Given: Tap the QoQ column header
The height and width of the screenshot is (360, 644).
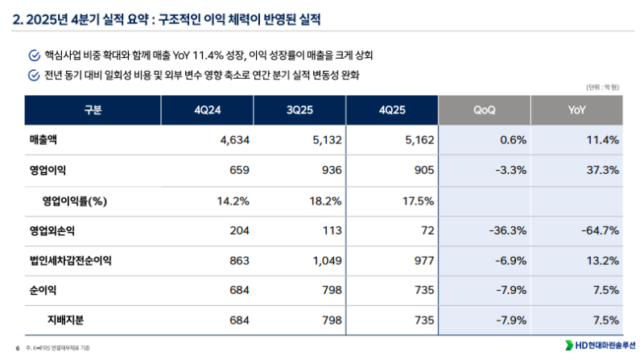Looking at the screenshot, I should tap(485, 110).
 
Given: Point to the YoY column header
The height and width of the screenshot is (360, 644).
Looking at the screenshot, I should tap(576, 110).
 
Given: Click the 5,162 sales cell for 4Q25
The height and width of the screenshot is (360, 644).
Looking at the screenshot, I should tap(419, 141).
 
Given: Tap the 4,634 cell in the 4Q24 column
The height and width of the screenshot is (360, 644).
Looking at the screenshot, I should tap(236, 141).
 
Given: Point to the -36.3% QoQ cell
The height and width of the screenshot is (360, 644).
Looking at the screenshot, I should tap(507, 230).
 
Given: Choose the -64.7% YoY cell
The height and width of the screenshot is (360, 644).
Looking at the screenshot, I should tap(600, 230).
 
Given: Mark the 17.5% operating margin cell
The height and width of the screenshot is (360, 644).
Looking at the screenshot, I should tap(419, 201).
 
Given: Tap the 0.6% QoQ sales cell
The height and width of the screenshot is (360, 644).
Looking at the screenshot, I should tap(513, 141).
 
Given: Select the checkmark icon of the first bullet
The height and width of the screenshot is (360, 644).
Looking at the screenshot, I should tap(33, 56).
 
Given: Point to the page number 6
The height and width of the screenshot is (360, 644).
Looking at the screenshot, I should tap(17, 347).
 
